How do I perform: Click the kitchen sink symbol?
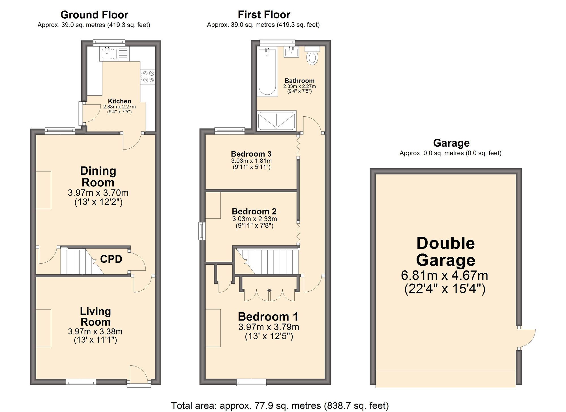(x=108, y=54)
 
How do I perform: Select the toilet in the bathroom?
(x=312, y=57)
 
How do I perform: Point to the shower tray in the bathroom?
(x=276, y=120)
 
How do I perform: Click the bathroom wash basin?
(x=291, y=52)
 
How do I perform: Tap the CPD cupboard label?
(x=111, y=259)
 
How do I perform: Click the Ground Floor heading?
(x=94, y=15)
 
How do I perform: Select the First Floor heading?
(x=264, y=15)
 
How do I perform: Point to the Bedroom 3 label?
(x=251, y=154)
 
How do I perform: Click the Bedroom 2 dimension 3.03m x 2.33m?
(x=254, y=219)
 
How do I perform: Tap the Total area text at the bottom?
(x=280, y=405)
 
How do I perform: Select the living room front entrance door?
(x=138, y=375)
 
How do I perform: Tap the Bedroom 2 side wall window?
(x=202, y=231)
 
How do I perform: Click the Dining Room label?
(x=98, y=176)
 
